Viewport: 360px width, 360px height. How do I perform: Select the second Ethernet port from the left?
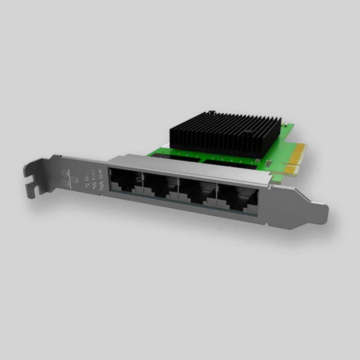pyautogui.click(x=160, y=185)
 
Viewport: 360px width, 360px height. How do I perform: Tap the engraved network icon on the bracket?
pyautogui.click(x=69, y=178)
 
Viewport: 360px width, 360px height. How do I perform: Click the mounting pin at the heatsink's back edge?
pyautogui.click(x=212, y=113)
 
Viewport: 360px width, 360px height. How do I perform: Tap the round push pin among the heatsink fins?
pyautogui.click(x=247, y=132)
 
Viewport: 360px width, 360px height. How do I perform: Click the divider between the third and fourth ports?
pyautogui.click(x=217, y=194)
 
